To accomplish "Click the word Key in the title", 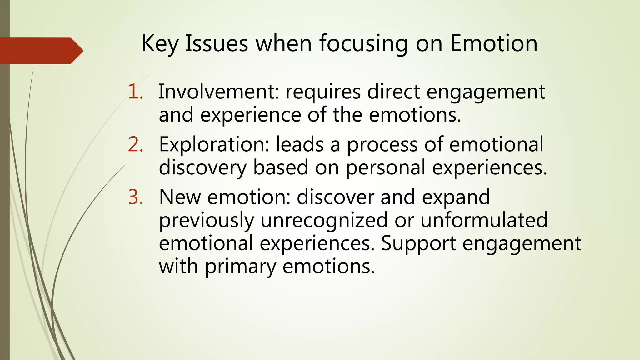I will coord(160,44).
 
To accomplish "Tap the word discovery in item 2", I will coord(203,168).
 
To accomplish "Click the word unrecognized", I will coord(324,220).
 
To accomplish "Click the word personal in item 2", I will coord(386,168).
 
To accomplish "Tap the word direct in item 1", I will coord(393,92).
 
